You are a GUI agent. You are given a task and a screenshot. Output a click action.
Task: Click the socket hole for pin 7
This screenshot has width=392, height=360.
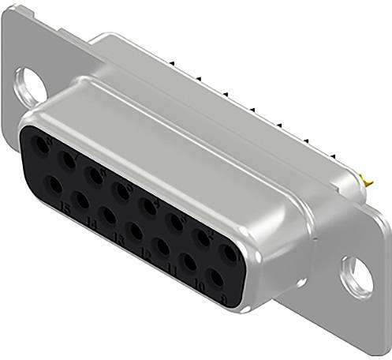point(69,163)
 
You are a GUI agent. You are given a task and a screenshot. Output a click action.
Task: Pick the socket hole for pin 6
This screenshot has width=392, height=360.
point(95,175)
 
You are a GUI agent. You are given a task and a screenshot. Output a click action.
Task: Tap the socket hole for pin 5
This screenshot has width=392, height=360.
point(121,189)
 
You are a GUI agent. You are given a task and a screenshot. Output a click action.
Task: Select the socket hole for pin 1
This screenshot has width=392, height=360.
point(229,254)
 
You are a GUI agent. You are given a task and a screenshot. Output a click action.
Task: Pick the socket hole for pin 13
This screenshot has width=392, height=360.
point(107,214)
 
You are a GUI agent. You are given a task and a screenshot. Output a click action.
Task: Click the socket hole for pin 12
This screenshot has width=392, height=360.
point(135,231)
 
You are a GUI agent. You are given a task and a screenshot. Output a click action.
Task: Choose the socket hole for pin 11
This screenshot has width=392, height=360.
point(162,247)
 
